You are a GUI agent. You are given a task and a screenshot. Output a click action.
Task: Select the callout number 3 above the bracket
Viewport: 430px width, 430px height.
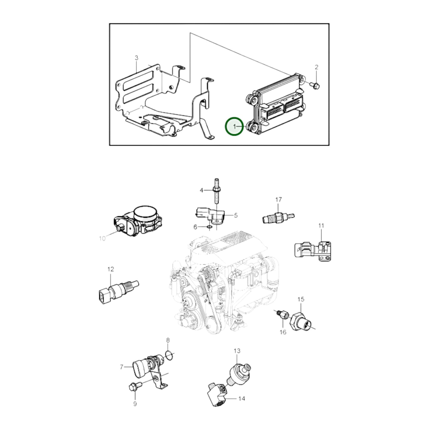pos(137,58)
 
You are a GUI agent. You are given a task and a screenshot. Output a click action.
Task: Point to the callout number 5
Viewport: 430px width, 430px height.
pos(236,215)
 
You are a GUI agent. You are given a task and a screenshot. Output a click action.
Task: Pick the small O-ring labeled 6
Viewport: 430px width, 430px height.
pos(209,227)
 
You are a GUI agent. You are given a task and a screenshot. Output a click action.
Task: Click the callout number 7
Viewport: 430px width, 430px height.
pos(122,367)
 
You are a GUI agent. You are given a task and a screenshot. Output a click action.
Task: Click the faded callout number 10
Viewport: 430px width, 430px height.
pos(102,239)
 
